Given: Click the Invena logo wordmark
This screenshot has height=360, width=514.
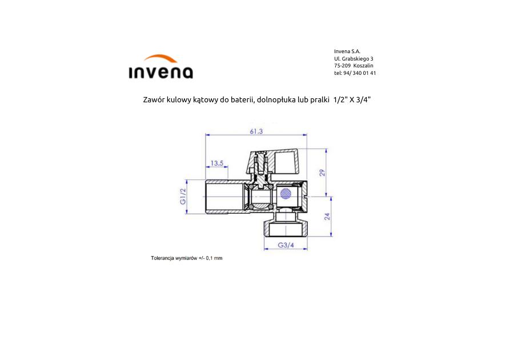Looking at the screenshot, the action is (160, 73).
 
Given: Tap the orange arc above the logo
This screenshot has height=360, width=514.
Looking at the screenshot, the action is (160, 58).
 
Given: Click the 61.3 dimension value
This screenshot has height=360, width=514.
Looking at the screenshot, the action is (256, 131).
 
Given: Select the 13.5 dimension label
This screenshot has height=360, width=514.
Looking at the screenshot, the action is (216, 163).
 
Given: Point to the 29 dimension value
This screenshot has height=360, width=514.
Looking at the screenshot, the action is (323, 173).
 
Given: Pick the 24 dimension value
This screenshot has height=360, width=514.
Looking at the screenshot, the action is (327, 217).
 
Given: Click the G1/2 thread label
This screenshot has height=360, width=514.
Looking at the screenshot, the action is (183, 196).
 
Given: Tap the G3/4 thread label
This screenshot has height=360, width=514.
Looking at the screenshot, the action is (286, 245).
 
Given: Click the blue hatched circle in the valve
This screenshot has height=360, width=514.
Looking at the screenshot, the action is (286, 194).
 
